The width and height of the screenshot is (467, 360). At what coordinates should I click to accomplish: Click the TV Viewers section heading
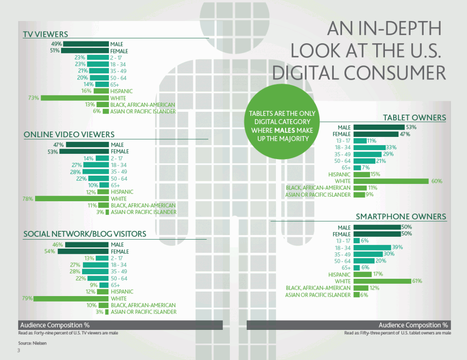[46, 34]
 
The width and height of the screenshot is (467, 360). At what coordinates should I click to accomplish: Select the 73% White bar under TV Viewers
[75, 98]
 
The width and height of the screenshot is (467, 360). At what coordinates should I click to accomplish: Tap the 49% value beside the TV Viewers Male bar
[56, 44]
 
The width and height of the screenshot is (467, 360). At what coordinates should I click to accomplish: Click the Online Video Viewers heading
[69, 135]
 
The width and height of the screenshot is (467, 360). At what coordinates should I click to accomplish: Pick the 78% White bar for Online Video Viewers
[72, 198]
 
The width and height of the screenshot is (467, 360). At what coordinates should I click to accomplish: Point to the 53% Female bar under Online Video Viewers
[84, 151]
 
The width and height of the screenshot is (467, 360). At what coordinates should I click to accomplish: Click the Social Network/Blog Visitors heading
[85, 234]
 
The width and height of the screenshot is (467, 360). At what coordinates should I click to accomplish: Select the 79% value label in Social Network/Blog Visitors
[27, 298]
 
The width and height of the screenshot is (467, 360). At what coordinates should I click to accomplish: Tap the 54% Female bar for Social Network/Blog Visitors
[83, 251]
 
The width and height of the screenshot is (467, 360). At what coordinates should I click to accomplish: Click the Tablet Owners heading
[415, 118]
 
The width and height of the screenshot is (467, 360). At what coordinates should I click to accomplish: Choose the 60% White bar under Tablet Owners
[391, 181]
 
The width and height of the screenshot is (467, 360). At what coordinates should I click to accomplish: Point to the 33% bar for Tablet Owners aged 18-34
[369, 147]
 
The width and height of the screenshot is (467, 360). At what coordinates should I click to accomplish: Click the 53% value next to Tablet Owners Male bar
[411, 127]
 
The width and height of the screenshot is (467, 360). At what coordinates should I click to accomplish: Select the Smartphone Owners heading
[401, 217]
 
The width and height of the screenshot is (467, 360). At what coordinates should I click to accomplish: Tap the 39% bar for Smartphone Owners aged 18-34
[372, 248]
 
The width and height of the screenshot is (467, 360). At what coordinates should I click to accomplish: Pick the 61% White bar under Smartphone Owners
[383, 282]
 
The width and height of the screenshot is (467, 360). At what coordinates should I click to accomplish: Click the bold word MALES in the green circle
[285, 130]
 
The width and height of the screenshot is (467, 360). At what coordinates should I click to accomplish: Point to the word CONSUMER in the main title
[395, 73]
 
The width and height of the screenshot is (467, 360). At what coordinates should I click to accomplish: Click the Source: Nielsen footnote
[32, 343]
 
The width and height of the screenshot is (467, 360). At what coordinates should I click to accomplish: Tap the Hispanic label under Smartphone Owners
[339, 275]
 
